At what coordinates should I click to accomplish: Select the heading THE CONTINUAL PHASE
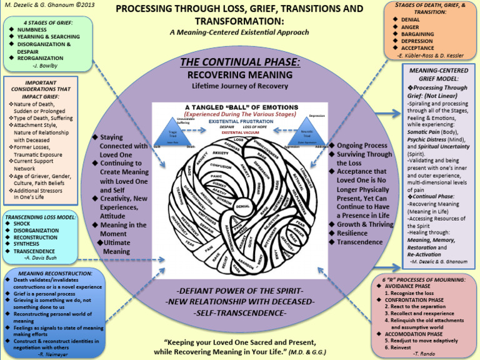click(x=240, y=62)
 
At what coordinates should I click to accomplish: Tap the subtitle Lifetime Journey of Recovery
click(x=240, y=86)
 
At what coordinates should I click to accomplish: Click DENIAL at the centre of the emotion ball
click(x=244, y=206)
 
